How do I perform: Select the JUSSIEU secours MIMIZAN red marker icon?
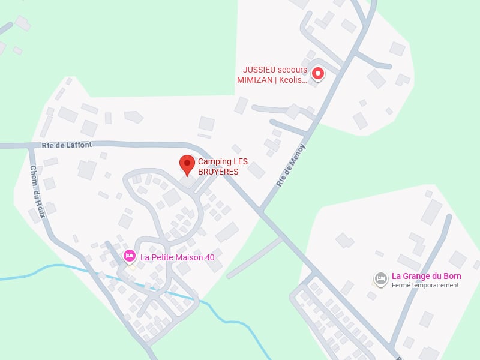[318, 74]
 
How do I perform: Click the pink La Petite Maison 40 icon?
[129, 256]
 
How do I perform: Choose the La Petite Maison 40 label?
[177, 257]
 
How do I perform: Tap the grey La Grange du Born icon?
[380, 278]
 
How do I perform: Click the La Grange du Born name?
[426, 276]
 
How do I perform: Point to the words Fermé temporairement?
[425, 286]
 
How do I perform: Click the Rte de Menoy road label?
[291, 166]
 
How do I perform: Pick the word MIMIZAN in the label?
[254, 79]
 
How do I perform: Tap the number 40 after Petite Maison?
[209, 257]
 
